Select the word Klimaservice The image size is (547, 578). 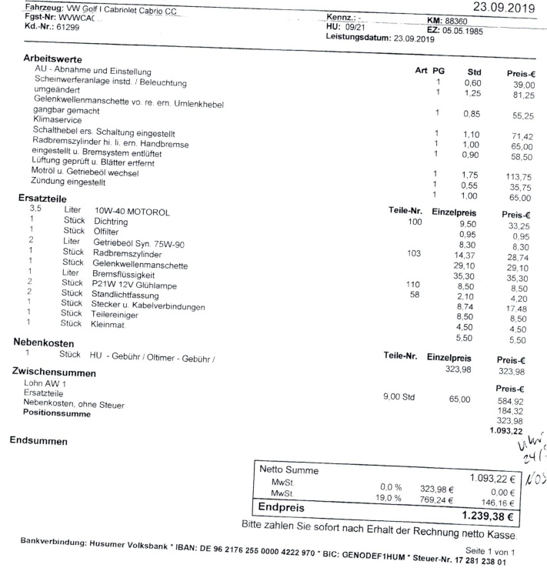click(58, 122)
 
